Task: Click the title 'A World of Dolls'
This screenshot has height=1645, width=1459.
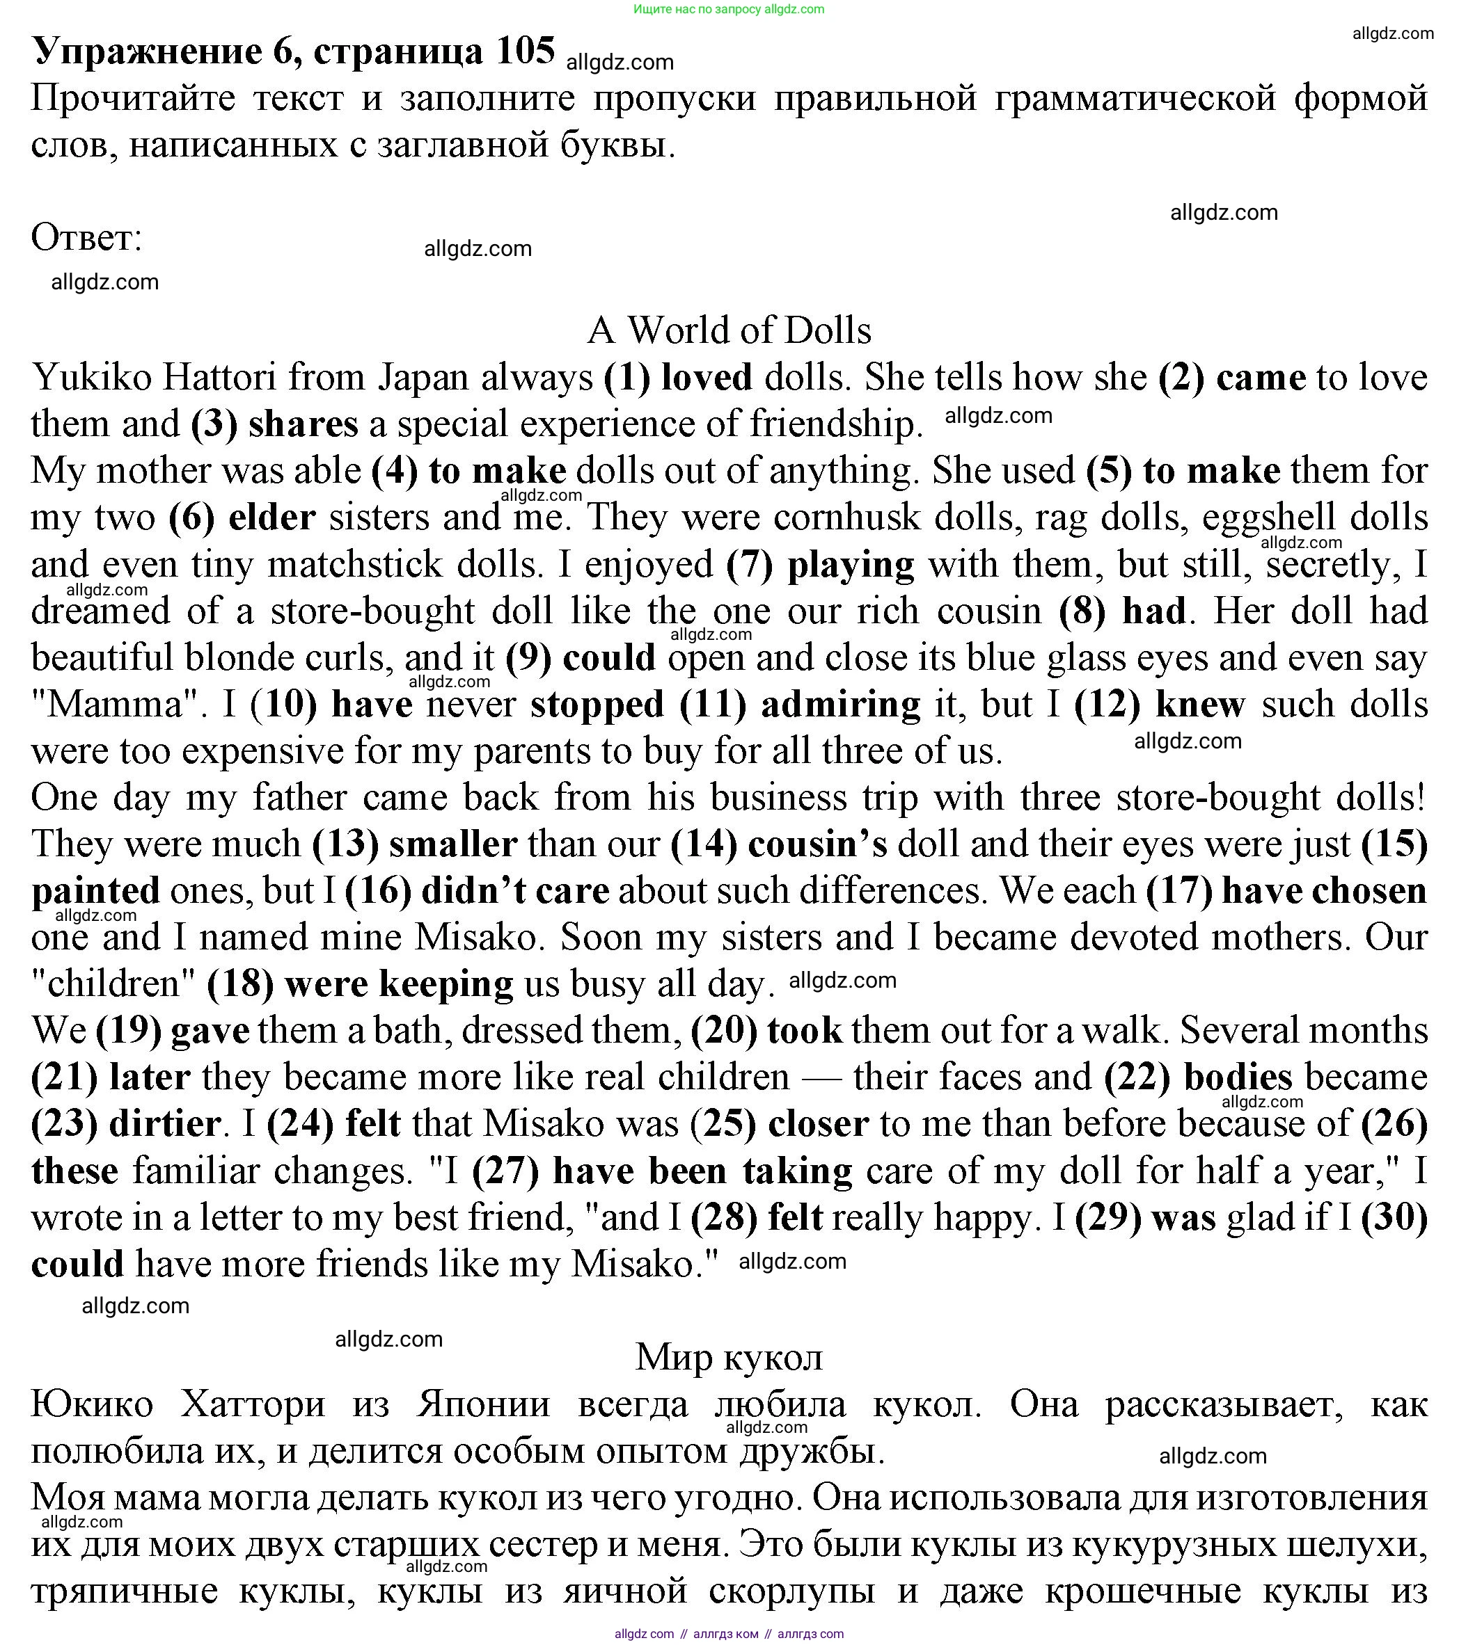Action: pyautogui.click(x=729, y=330)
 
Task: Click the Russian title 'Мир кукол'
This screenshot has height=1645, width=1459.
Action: pyautogui.click(x=729, y=1357)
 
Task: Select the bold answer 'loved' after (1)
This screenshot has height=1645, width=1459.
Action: pyautogui.click(x=707, y=378)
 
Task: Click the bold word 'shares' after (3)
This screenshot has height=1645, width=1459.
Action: pyautogui.click(x=303, y=424)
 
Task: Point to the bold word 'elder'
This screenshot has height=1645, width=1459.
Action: pyautogui.click(x=272, y=517)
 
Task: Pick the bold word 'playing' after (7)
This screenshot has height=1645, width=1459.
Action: pyautogui.click(x=851, y=565)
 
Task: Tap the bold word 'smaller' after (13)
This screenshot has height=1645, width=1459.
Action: pyautogui.click(x=452, y=844)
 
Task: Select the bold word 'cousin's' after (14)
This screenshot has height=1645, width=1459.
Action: pyautogui.click(x=817, y=844)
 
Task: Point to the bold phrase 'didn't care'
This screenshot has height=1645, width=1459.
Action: pyautogui.click(x=515, y=891)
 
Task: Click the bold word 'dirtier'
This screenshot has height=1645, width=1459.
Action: pyautogui.click(x=164, y=1124)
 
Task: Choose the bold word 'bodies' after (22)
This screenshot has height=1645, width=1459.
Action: pyautogui.click(x=1238, y=1077)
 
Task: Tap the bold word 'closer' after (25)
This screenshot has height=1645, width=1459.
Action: pyautogui.click(x=818, y=1124)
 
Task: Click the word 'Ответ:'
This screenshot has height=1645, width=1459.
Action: pyautogui.click(x=86, y=238)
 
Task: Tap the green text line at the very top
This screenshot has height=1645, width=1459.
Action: pyautogui.click(x=729, y=10)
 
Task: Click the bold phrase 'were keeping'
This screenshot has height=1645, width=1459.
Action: pyautogui.click(x=399, y=984)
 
